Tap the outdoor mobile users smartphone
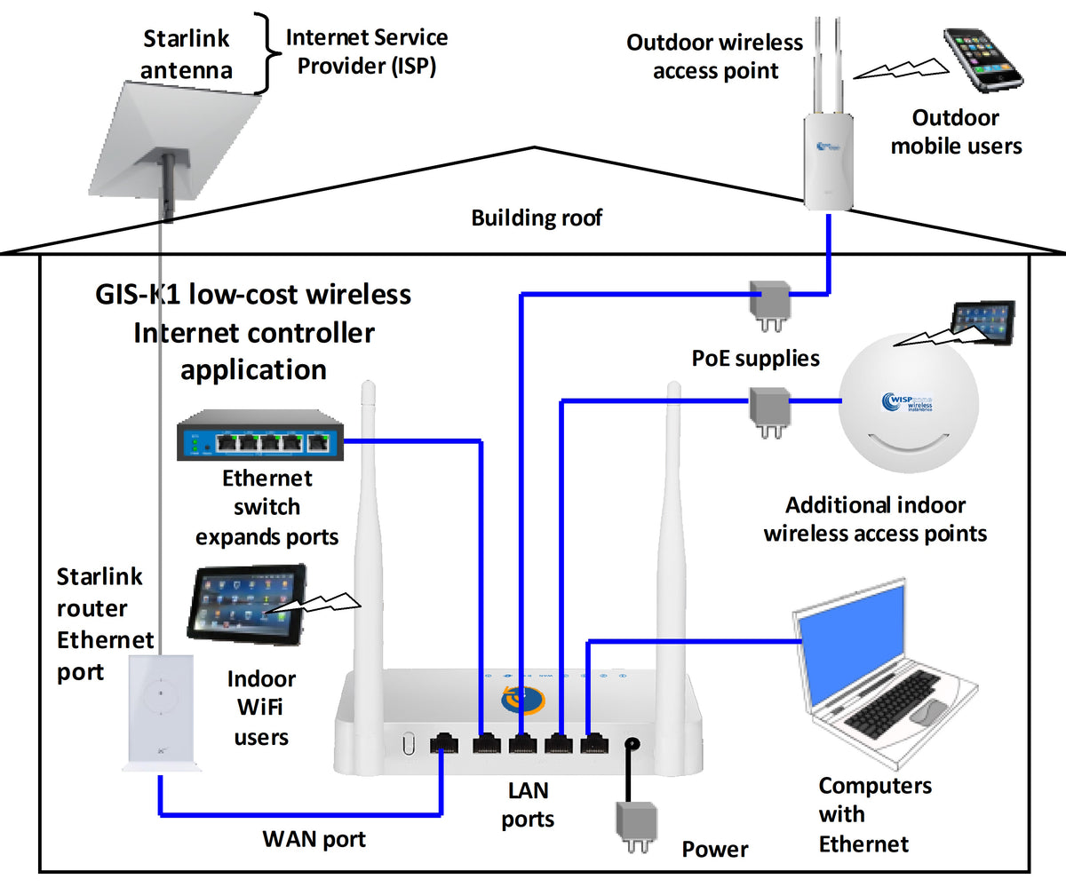pos(982,60)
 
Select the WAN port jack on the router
pos(442,744)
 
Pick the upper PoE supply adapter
pos(769,302)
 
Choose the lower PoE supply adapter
pos(765,407)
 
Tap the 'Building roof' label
pos(537,218)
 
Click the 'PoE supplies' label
pos(755,360)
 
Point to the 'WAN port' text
pos(314,837)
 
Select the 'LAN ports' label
pos(528,804)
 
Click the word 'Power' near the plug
pos(714,850)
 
